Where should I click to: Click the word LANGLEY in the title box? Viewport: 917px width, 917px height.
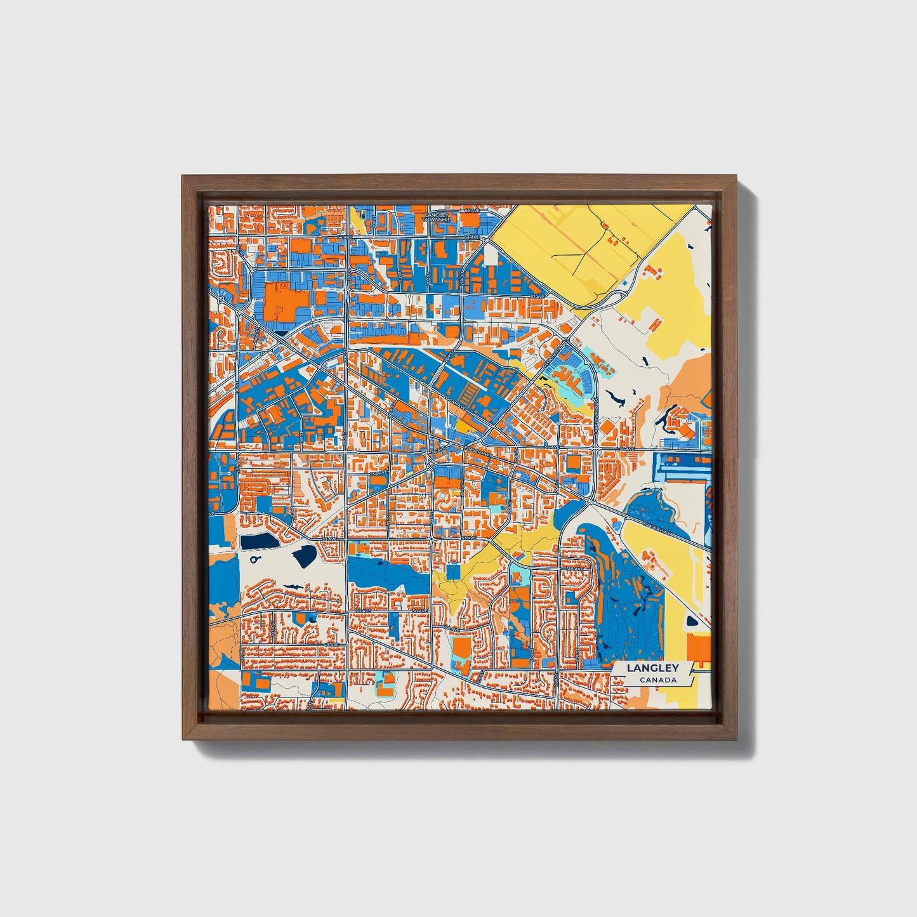652,668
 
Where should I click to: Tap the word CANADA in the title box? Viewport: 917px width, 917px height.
657,680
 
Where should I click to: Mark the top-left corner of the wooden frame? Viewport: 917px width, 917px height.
183,176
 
